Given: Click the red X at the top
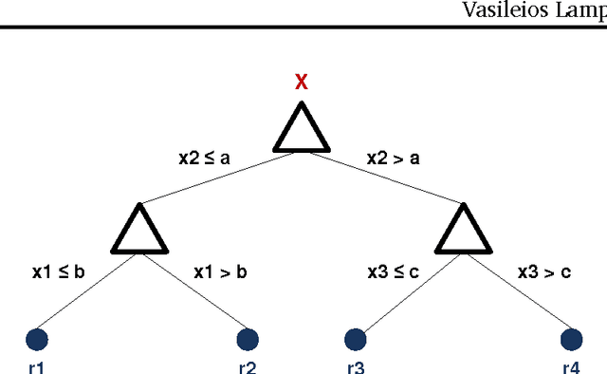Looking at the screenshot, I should (302, 83).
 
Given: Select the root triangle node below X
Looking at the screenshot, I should (302, 130).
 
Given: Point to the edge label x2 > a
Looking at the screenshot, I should (394, 159).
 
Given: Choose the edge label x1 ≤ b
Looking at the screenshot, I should (58, 272).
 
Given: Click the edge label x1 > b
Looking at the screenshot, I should (220, 272).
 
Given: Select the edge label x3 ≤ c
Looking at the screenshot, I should (394, 272).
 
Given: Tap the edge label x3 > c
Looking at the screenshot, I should (544, 272).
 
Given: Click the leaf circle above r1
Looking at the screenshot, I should (37, 339).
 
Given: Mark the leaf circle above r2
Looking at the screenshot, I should (248, 339).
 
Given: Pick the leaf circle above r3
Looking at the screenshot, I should (356, 339).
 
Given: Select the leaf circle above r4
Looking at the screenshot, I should (571, 339).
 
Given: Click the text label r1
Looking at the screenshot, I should (36, 366).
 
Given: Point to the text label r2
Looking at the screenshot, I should (248, 366).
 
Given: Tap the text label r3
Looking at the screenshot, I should (356, 366).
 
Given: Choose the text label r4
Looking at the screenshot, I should (571, 366).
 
